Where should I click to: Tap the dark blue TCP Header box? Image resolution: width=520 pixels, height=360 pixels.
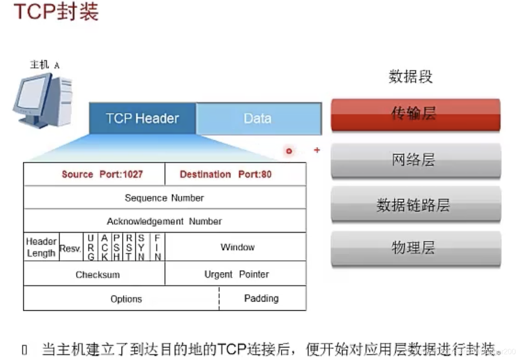tap(143, 118)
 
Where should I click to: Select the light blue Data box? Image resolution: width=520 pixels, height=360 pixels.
tap(258, 118)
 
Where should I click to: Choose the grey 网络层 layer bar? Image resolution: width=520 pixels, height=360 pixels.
tap(415, 160)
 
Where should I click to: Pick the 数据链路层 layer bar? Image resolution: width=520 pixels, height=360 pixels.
tap(415, 205)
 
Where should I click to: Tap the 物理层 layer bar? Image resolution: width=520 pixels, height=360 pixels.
tap(415, 248)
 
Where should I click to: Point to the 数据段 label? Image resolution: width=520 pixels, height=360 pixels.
tap(410, 77)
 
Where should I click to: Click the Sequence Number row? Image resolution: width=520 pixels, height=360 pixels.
tap(164, 198)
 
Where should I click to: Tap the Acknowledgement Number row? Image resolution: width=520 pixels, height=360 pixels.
tap(164, 221)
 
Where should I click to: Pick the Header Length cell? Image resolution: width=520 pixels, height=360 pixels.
tap(41, 247)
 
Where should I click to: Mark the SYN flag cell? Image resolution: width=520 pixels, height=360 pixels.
tap(142, 247)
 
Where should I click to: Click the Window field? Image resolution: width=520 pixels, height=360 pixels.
tap(237, 247)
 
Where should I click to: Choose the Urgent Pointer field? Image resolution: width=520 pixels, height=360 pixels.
tap(236, 274)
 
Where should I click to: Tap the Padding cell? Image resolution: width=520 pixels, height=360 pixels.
tap(262, 298)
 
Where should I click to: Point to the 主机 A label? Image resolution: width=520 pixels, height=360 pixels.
tap(44, 65)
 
